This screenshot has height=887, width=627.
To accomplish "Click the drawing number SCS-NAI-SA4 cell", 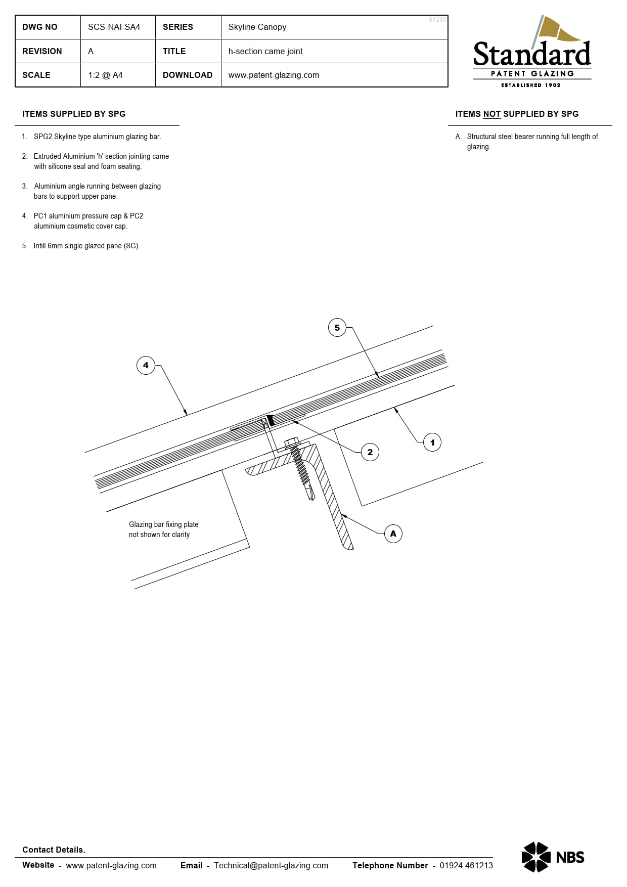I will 114,27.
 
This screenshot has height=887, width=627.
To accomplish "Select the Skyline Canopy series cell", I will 257,27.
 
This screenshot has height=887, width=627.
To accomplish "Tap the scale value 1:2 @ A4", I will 105,75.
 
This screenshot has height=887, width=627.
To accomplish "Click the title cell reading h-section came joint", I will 265,52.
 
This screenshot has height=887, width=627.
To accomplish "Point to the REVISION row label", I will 42,52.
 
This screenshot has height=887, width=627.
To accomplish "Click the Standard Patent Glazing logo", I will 532,53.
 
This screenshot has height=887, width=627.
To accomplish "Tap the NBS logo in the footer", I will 553,857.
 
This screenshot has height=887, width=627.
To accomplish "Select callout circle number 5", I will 337,328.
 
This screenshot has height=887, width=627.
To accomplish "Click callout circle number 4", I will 146,365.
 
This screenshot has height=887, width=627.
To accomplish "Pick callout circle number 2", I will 370,452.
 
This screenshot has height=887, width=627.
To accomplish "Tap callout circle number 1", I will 432,442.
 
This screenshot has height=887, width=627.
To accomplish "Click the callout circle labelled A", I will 393,534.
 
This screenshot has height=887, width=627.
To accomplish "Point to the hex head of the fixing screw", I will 292,443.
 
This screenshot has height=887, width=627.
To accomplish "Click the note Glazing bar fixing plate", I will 163,525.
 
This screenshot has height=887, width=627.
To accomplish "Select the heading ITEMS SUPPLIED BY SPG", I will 74,114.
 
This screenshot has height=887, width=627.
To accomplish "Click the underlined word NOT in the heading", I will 491,114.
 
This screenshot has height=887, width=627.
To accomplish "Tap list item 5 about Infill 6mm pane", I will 86,246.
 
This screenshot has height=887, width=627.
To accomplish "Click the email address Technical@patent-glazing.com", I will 271,865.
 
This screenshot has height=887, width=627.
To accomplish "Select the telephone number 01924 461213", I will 466,865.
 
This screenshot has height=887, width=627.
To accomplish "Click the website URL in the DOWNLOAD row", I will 274,75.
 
